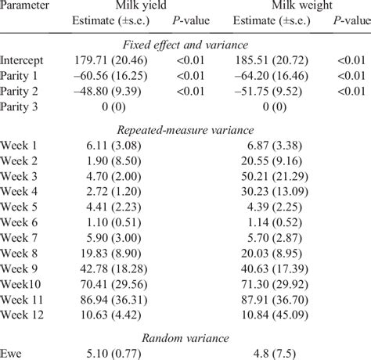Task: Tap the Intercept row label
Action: (x=22, y=59)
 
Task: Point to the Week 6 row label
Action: (x=20, y=234)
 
